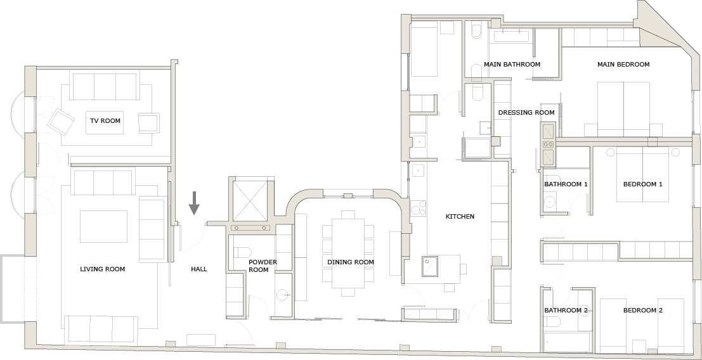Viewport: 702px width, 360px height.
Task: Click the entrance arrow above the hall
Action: [x=194, y=203]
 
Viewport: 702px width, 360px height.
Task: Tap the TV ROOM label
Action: [x=105, y=121]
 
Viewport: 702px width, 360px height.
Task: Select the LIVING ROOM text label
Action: [x=103, y=269]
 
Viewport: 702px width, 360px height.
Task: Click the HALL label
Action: [x=199, y=269]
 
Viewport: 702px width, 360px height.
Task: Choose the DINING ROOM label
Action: [x=351, y=262]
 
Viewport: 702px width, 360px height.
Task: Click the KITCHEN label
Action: [x=460, y=217]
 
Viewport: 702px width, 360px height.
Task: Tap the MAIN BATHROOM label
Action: [x=512, y=65]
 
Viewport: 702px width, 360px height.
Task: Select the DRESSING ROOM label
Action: [x=526, y=113]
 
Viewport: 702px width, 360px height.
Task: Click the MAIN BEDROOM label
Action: [x=623, y=65]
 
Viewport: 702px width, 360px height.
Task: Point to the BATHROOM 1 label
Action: [x=566, y=184]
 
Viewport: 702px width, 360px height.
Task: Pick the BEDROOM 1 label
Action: [x=643, y=184]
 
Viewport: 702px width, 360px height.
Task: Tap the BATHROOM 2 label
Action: [x=566, y=311]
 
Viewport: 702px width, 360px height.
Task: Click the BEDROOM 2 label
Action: [x=643, y=311]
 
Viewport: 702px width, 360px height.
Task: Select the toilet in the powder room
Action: [x=242, y=253]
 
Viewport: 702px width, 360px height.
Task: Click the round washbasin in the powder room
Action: [x=282, y=295]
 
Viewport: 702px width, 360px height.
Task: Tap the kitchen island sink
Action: [x=430, y=266]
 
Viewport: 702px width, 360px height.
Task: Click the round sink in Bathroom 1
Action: [x=550, y=202]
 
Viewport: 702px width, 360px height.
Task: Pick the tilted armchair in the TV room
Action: [x=61, y=121]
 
